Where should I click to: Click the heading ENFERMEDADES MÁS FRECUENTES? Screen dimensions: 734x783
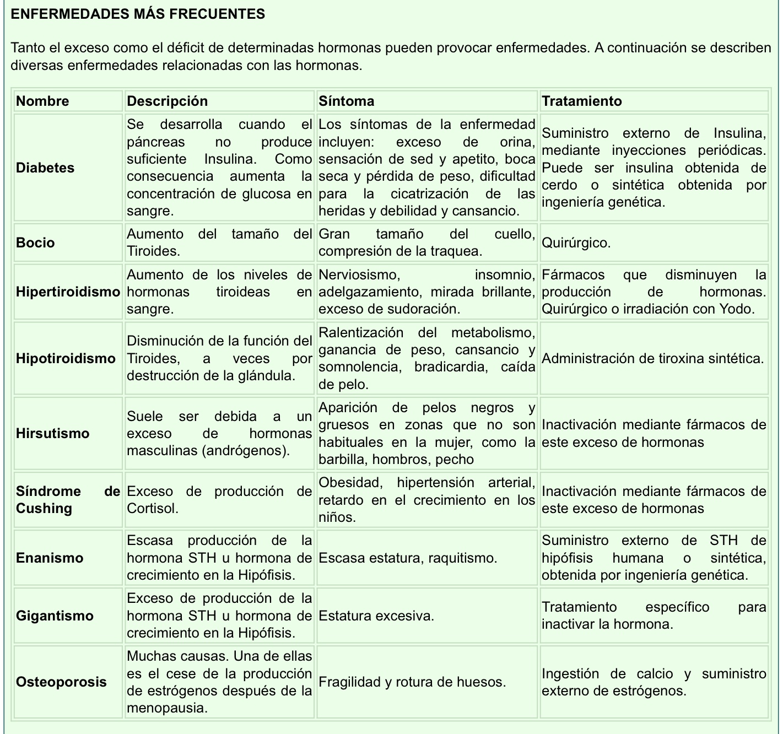[x=138, y=14]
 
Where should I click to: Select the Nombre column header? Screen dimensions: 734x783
[x=42, y=101]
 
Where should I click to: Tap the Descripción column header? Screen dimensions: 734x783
[x=168, y=101]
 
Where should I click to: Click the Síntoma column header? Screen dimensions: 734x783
[x=347, y=101]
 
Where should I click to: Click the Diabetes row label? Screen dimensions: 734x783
[x=45, y=168]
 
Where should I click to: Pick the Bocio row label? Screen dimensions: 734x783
[x=35, y=242]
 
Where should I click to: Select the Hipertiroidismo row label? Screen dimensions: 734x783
[x=68, y=292]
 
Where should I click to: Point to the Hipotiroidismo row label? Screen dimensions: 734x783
[x=66, y=359]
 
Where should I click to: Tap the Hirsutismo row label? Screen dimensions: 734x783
[x=52, y=433]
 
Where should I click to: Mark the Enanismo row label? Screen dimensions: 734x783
[x=50, y=558]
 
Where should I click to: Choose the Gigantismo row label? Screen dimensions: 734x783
[x=55, y=616]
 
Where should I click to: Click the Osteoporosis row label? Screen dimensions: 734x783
[x=61, y=682]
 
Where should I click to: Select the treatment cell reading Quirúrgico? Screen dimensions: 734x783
[x=576, y=242]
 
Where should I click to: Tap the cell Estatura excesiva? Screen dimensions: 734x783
[x=376, y=616]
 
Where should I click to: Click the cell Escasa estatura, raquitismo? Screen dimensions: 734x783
[x=408, y=558]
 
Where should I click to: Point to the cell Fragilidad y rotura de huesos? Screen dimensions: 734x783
[x=412, y=682]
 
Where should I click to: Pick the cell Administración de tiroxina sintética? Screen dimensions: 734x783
[x=652, y=359]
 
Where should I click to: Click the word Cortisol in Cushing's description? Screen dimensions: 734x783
[x=153, y=508]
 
